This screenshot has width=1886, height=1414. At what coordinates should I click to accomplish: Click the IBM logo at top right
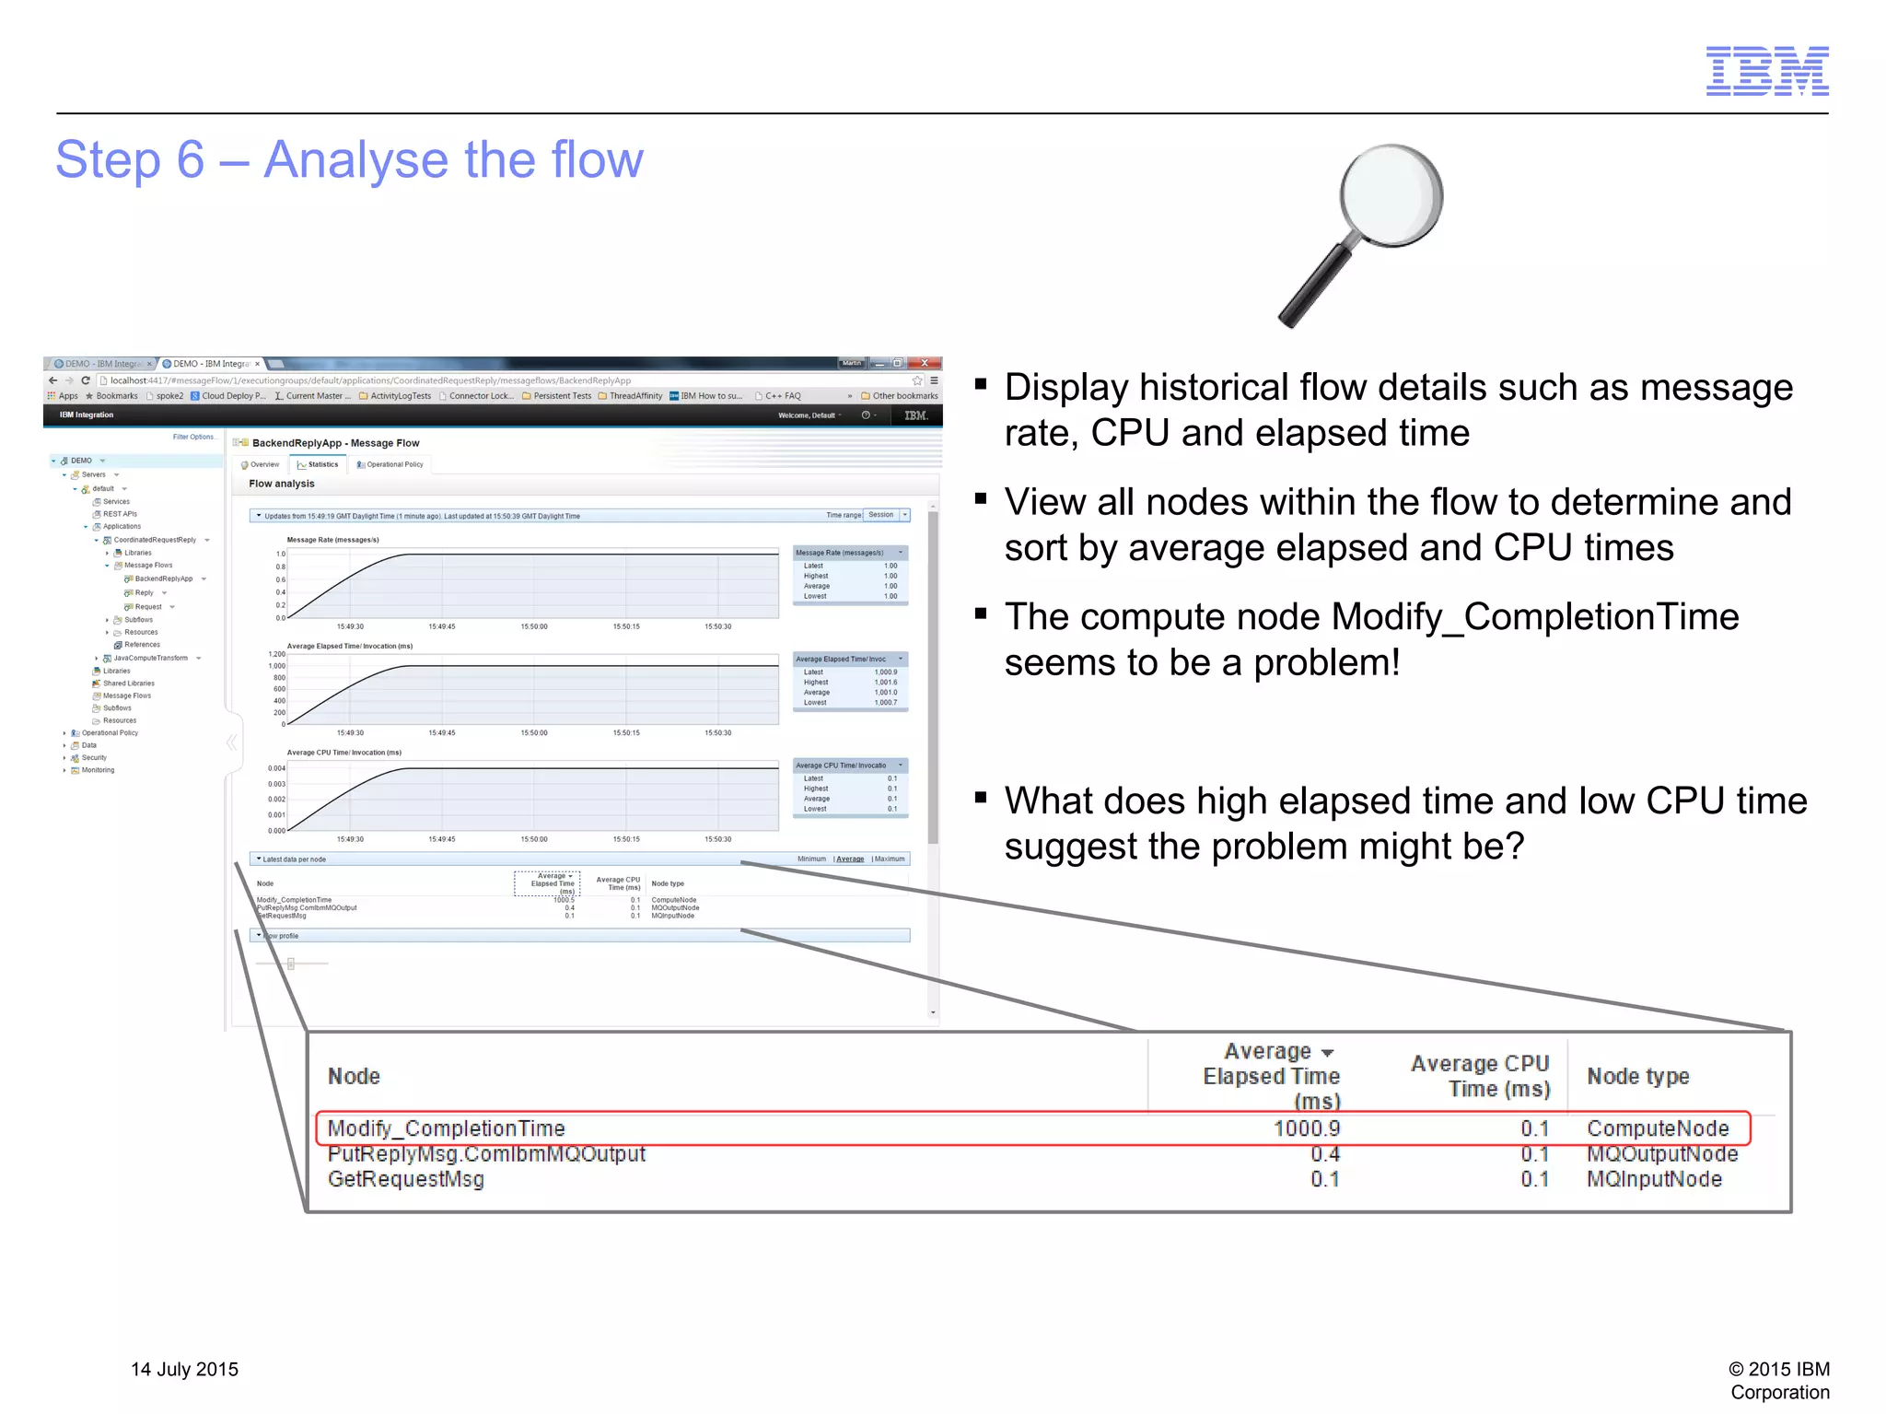1766,71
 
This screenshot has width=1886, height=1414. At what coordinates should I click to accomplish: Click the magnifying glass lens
1391,194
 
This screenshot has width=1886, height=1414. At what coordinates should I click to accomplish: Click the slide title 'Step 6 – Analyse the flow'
349,159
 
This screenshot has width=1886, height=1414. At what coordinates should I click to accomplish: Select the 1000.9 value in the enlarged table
1306,1128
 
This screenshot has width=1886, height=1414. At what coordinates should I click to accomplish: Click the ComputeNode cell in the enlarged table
1657,1128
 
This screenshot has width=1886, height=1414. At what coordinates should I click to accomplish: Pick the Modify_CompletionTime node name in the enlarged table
446,1128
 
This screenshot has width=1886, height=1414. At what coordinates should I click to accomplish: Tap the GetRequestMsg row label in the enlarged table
405,1179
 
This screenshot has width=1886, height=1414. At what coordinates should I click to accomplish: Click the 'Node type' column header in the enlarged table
1637,1076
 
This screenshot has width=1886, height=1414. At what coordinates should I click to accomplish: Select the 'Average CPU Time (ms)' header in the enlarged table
1480,1076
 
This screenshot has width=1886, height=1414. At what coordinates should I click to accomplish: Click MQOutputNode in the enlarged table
1661,1154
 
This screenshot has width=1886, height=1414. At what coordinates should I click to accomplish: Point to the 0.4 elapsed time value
1324,1154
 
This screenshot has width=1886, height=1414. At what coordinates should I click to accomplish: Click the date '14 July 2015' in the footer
184,1369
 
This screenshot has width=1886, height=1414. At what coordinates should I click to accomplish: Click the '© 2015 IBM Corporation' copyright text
1778,1380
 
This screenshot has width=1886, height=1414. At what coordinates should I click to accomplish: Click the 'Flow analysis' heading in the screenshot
281,484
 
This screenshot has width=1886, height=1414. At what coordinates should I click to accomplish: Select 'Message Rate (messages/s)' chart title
332,540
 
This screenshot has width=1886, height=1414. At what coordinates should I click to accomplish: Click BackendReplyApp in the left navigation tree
163,578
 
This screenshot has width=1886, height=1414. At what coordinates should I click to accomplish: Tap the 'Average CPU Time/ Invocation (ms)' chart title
343,753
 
